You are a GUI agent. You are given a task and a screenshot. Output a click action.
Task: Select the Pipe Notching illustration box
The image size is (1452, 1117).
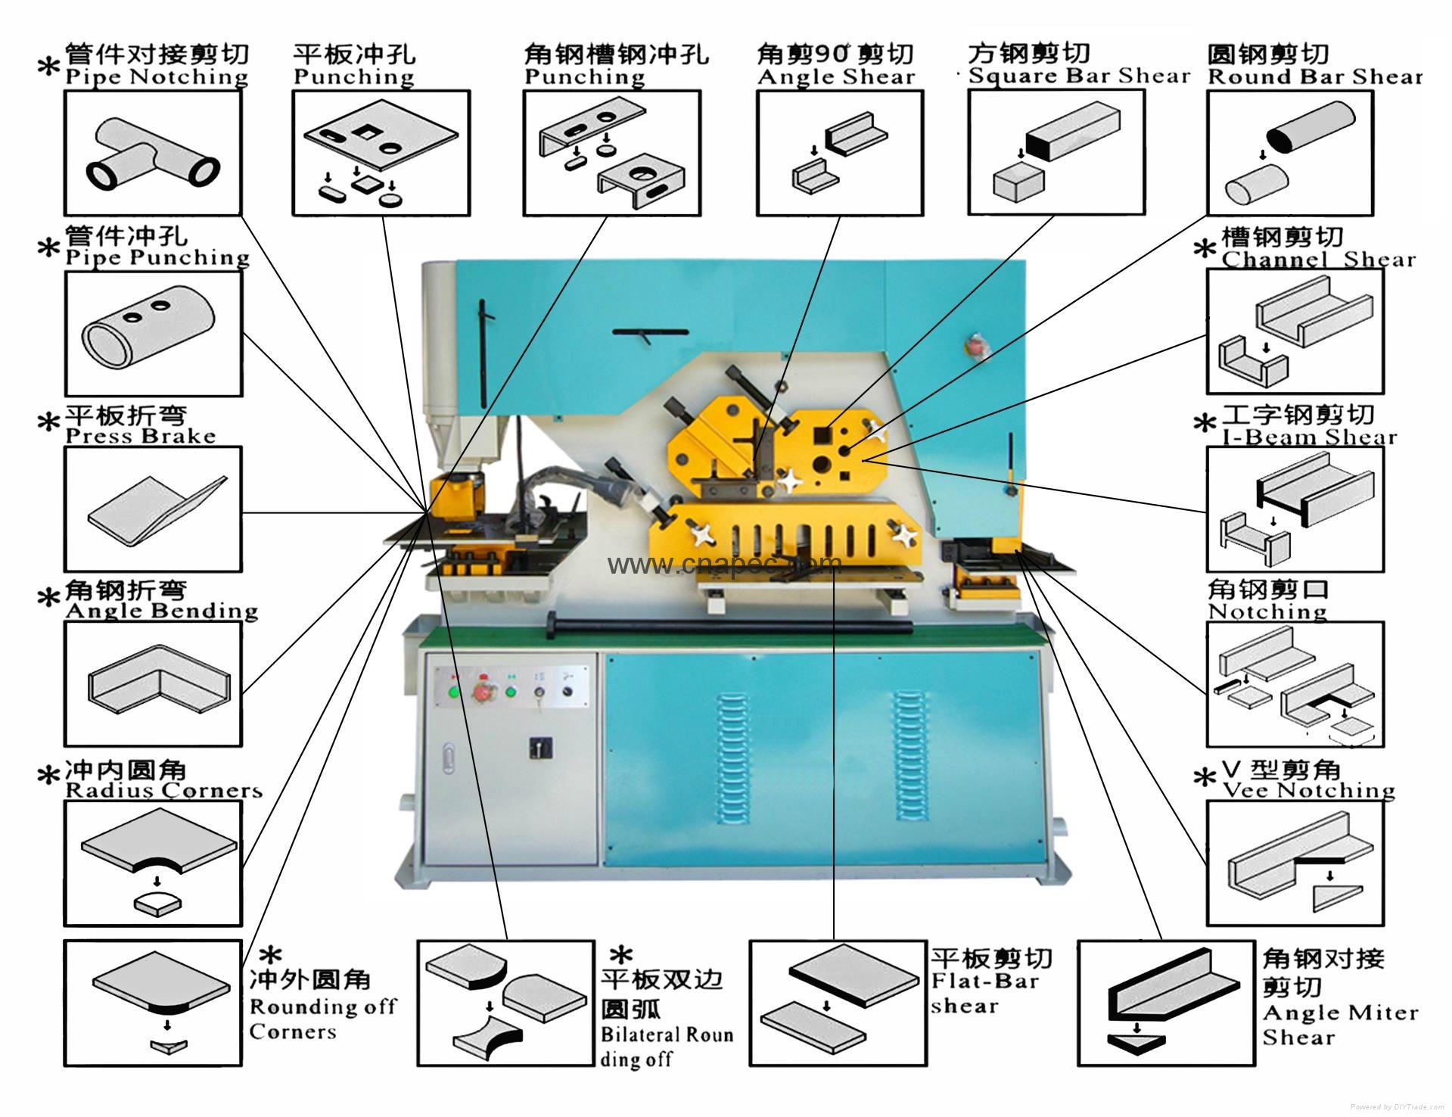153,152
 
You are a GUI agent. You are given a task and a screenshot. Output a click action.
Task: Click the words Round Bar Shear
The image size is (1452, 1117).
1315,77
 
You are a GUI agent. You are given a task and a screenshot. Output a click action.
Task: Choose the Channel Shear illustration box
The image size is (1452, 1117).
1295,330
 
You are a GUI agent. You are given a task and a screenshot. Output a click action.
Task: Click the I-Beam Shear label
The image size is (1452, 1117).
1310,437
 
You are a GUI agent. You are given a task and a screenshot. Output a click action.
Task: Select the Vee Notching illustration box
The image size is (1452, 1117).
1295,863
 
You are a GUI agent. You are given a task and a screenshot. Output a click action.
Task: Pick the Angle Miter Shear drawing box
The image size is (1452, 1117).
1165,1002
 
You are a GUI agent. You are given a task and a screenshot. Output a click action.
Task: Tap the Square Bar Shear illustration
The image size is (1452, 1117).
1056,152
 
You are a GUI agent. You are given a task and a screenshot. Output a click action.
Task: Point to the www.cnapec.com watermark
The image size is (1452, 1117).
724,564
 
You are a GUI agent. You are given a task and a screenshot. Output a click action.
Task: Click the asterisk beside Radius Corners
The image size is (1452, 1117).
48,776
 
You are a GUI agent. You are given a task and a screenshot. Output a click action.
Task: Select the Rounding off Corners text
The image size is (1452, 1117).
322,1019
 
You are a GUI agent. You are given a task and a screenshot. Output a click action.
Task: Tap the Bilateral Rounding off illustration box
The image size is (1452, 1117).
505,1003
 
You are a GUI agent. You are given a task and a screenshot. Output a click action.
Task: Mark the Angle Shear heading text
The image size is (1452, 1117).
836,77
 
